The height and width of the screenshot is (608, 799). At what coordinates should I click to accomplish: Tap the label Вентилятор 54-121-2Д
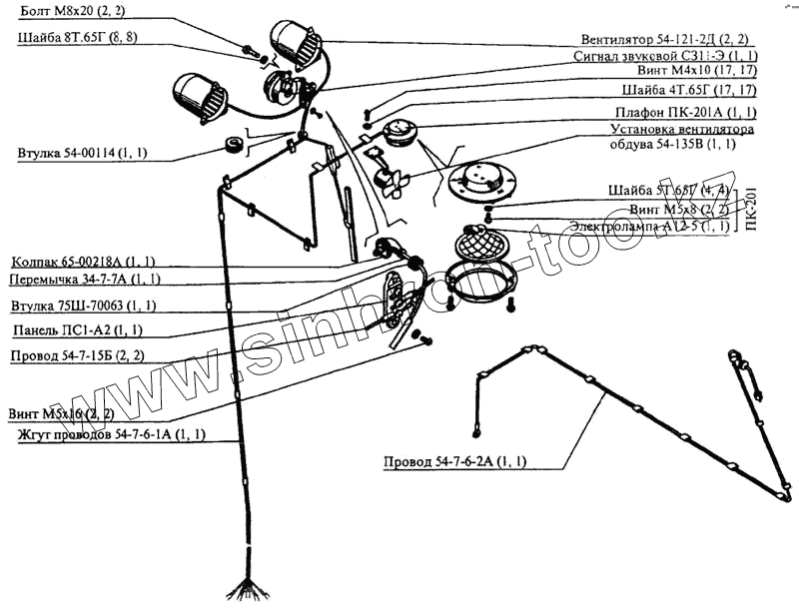[668, 39]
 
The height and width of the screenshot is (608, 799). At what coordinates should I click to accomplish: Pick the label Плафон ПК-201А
[678, 111]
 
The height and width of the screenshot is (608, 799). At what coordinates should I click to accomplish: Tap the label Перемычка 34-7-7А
[84, 279]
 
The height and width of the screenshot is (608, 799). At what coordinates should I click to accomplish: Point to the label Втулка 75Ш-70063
[82, 304]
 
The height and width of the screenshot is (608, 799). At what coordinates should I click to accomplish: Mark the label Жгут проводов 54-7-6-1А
[111, 434]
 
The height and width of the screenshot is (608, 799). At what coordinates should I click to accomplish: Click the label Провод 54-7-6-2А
[454, 462]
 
